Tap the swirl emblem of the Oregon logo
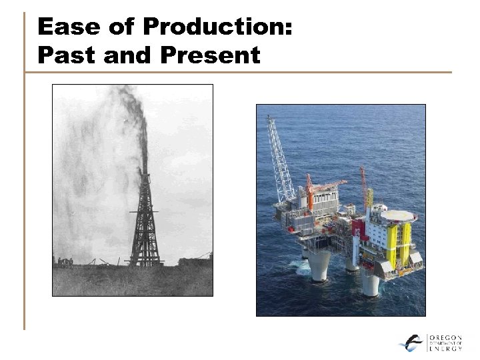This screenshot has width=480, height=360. [411, 342]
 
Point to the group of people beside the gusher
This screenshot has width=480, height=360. [65, 262]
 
